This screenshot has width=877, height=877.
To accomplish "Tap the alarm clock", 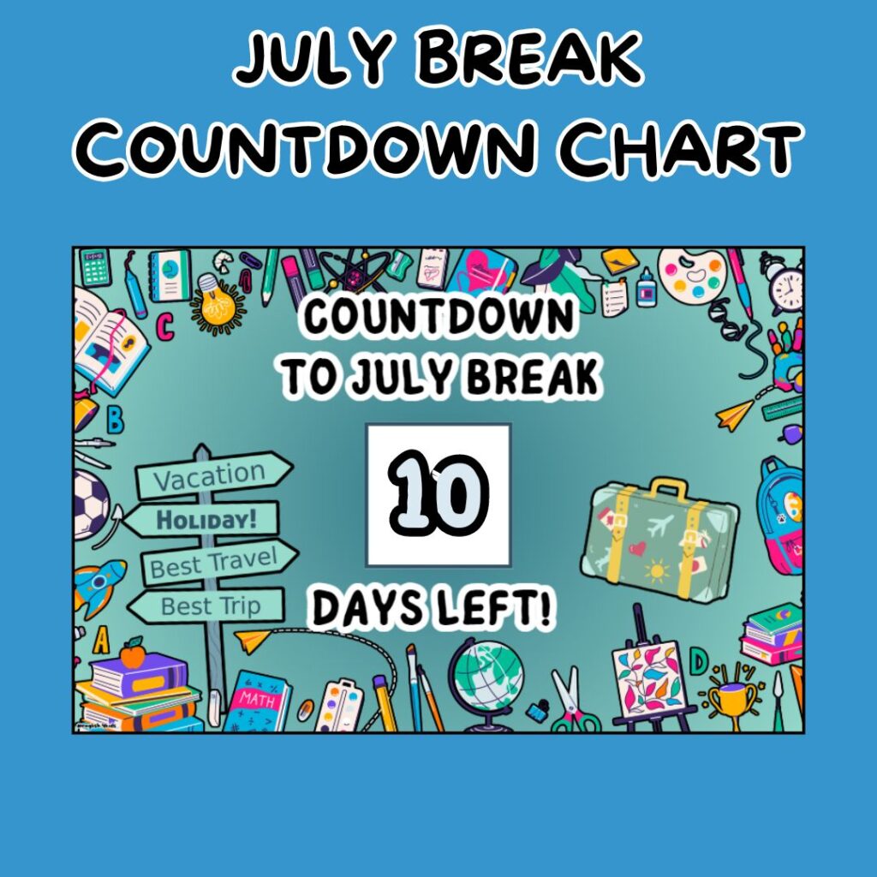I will click(785, 286).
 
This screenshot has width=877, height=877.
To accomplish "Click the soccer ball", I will click(89, 503).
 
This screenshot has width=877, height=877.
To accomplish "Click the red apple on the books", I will click(132, 655).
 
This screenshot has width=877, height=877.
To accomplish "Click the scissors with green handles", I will click(569, 702).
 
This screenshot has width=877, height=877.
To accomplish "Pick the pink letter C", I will click(165, 326).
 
